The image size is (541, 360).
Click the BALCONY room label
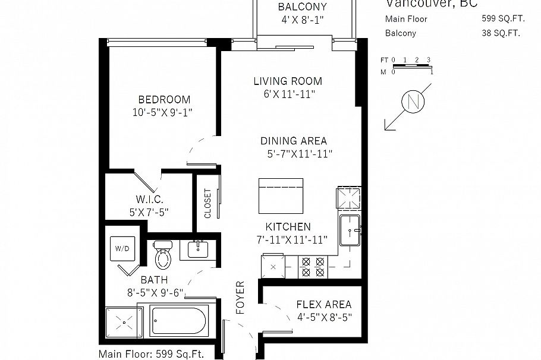(x=303, y=8)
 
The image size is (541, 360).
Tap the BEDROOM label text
(x=164, y=100)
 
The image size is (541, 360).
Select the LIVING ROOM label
(x=288, y=81)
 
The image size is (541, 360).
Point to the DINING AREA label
(x=294, y=141)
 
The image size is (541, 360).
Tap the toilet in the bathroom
(x=162, y=254)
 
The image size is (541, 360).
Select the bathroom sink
(x=198, y=249)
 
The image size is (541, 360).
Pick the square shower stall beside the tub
(x=123, y=323)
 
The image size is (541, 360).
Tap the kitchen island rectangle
(x=281, y=195)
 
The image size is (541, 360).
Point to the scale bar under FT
(x=412, y=66)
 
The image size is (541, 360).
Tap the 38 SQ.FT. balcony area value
(x=501, y=33)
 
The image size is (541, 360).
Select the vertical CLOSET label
(x=207, y=204)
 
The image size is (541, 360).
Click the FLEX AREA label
(x=323, y=305)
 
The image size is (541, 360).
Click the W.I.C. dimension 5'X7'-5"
(x=149, y=211)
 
